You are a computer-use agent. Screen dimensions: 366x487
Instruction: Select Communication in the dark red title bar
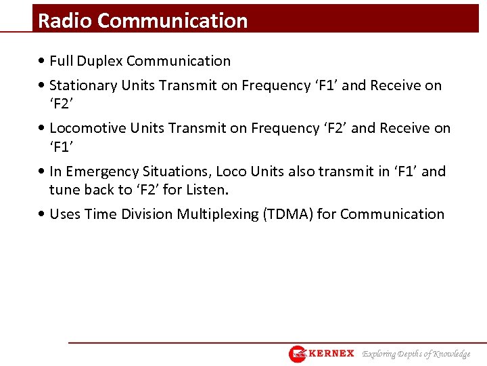(x=172, y=21)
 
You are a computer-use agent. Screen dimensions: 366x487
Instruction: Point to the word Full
(x=62, y=61)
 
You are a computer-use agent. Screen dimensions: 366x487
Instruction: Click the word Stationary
(x=83, y=85)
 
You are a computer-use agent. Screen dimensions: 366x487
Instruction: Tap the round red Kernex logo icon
(x=298, y=354)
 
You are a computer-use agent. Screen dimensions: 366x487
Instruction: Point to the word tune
(x=64, y=189)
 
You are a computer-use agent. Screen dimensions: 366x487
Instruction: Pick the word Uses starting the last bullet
(x=65, y=214)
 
